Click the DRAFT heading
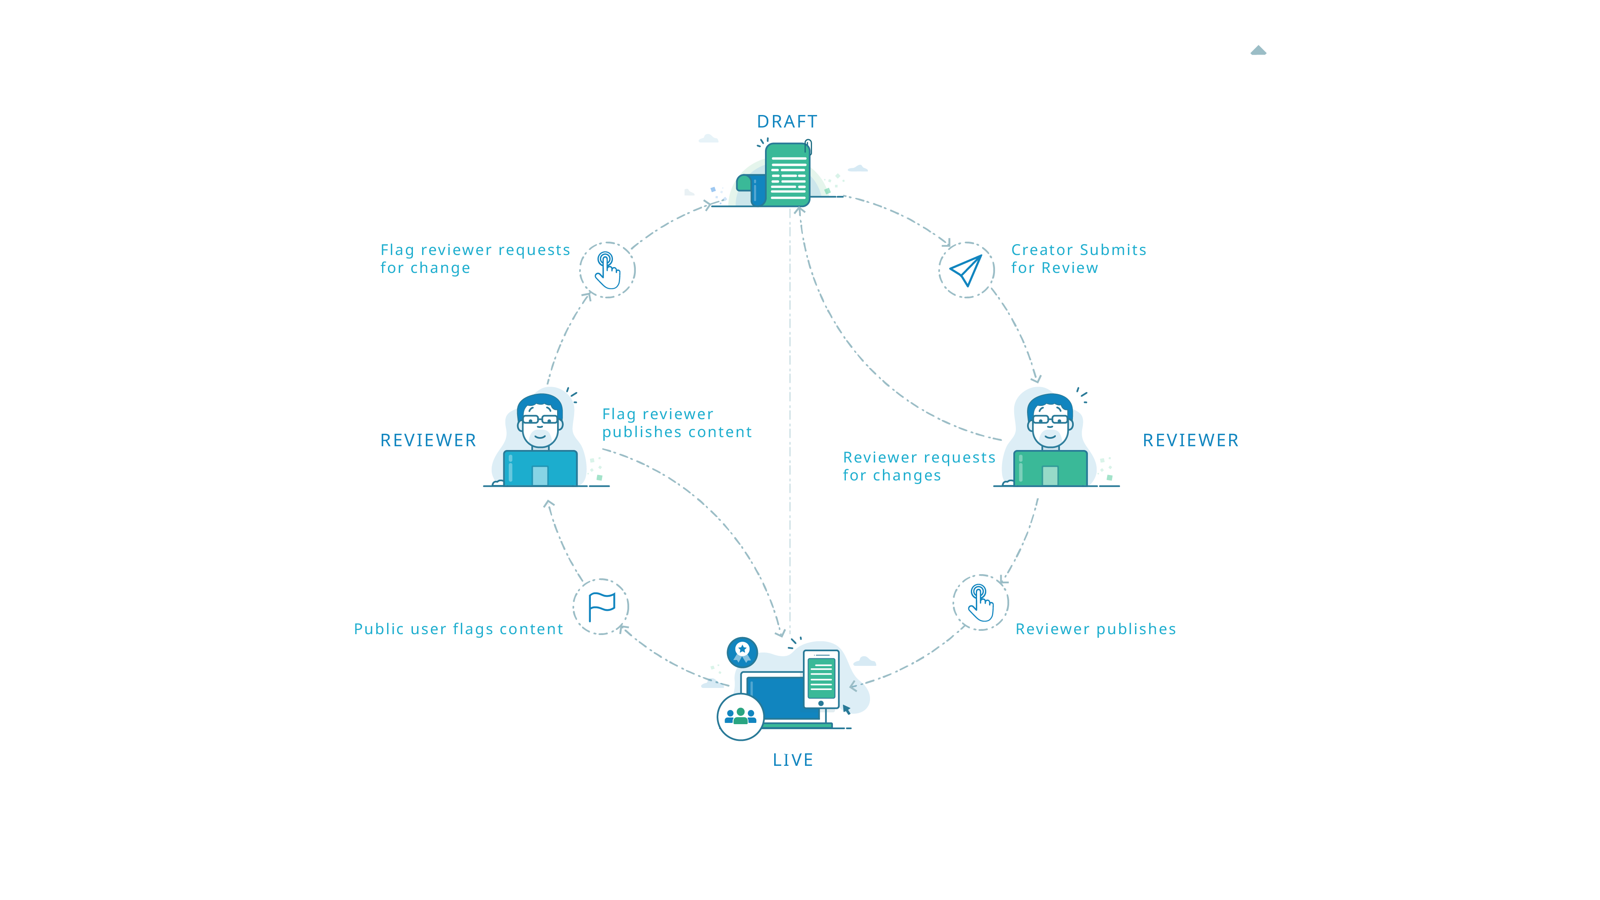[787, 122]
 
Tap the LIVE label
[792, 760]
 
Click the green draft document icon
[787, 175]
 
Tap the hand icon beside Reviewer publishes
[981, 602]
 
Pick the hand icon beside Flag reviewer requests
[607, 270]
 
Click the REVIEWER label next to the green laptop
[1190, 440]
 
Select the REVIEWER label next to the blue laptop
[428, 440]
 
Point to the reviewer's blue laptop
[540, 468]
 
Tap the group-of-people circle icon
[740, 717]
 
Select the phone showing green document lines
[821, 679]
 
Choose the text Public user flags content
[458, 629]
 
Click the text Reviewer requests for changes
[919, 467]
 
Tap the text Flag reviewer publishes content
[676, 423]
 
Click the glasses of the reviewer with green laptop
[1050, 419]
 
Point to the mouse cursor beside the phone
[846, 709]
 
